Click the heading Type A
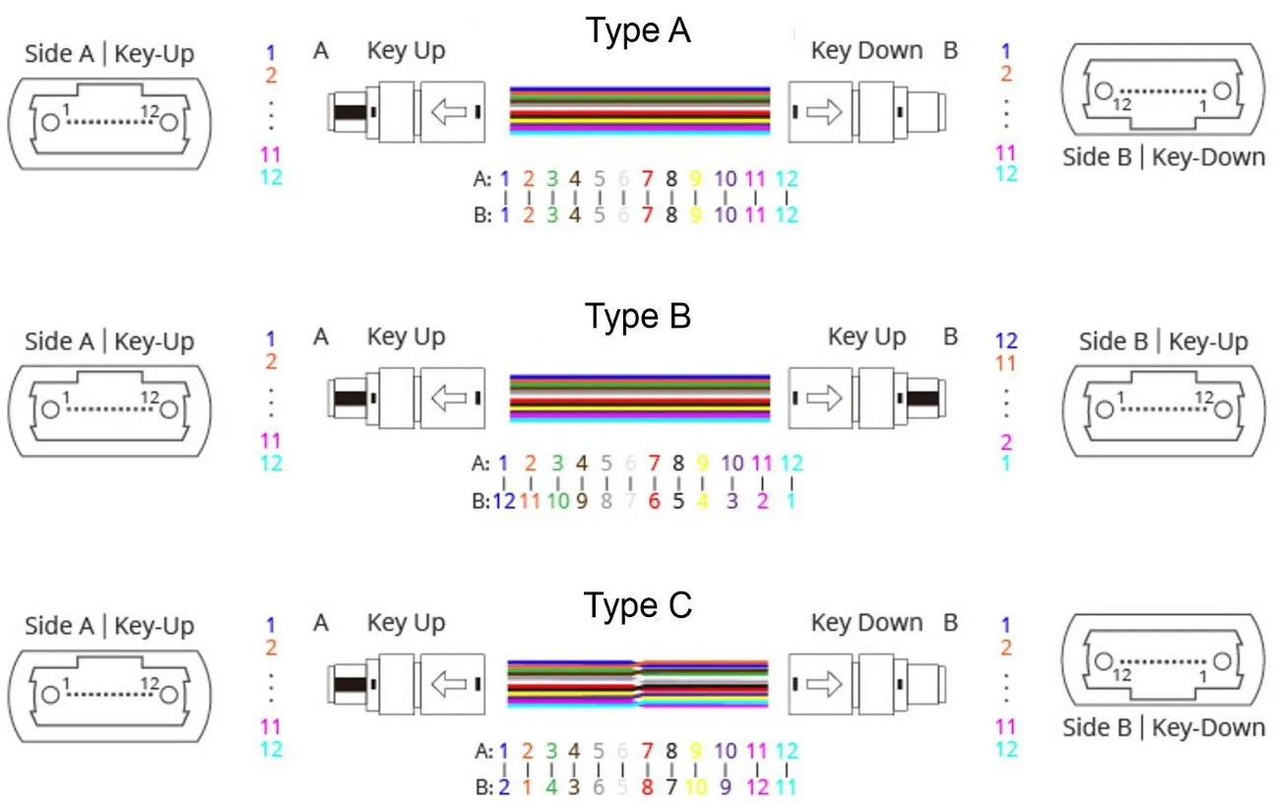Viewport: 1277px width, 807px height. tap(638, 31)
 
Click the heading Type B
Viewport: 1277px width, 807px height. tap(638, 317)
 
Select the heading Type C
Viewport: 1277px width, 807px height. tap(638, 605)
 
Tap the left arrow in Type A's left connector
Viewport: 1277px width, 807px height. tap(449, 112)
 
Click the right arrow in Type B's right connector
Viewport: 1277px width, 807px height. tap(823, 400)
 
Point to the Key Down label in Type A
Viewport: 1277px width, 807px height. tap(866, 51)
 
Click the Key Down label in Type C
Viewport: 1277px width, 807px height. tap(866, 623)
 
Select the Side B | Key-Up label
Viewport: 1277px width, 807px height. tap(1163, 341)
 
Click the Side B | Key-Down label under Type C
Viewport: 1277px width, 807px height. tap(1164, 728)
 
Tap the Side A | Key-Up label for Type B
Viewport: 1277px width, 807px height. tap(109, 341)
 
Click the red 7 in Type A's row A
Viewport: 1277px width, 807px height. tap(647, 179)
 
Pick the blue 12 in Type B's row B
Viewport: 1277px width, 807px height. tap(504, 500)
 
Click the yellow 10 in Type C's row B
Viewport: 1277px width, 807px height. tap(695, 787)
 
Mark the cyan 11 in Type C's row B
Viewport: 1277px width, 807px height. tap(786, 787)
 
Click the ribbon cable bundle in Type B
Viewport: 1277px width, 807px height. tap(639, 400)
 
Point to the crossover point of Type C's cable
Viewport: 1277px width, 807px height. tap(639, 685)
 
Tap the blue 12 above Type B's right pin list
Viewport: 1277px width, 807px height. tap(1005, 341)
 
